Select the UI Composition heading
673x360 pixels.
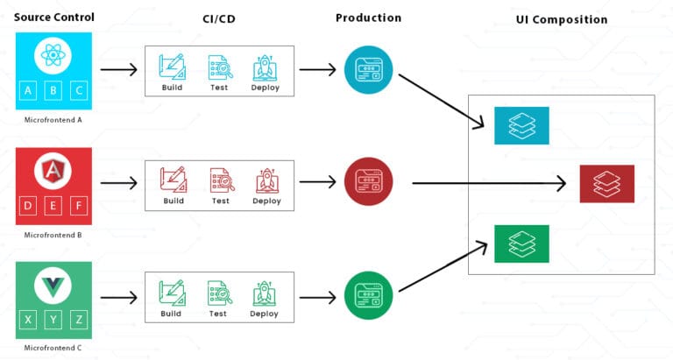pyautogui.click(x=562, y=19)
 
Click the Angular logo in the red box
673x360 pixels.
pyautogui.click(x=53, y=170)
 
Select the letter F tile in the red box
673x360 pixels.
pyautogui.click(x=78, y=207)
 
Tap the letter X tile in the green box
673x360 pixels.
pyautogui.click(x=28, y=320)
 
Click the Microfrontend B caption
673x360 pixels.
pyautogui.click(x=53, y=235)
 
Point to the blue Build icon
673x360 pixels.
pyautogui.click(x=173, y=67)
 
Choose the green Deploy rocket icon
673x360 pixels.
pyautogui.click(x=265, y=293)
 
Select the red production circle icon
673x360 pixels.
pyautogui.click(x=368, y=183)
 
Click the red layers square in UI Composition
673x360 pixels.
pyautogui.click(x=606, y=184)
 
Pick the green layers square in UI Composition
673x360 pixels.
pyautogui.click(x=521, y=244)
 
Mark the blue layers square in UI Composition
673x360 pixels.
pyautogui.click(x=521, y=125)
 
